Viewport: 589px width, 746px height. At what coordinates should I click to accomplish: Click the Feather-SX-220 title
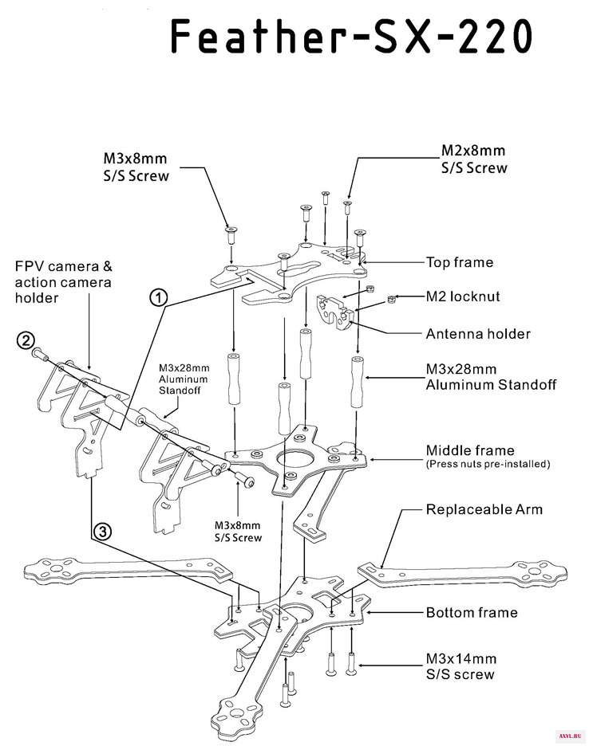[x=352, y=36]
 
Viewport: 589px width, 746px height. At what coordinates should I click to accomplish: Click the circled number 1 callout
[x=159, y=298]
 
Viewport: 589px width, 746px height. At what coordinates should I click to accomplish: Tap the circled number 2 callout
[x=26, y=340]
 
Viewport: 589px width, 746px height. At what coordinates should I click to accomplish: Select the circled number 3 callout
[x=102, y=531]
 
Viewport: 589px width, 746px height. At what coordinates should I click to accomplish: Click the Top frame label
[x=460, y=263]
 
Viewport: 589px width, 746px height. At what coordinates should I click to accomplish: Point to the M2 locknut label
[x=463, y=296]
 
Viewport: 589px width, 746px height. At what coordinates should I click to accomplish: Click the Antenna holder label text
[x=478, y=334]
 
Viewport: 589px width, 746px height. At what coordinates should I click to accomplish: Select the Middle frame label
[x=470, y=450]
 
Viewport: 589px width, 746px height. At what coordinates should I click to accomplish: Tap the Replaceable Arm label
[x=484, y=509]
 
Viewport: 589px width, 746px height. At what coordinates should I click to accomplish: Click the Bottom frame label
[x=472, y=612]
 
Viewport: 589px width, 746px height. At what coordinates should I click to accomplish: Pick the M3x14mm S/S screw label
[x=461, y=666]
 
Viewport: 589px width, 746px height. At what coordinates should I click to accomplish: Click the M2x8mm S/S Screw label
[x=474, y=159]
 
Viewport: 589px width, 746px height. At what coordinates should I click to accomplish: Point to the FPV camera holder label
[x=63, y=282]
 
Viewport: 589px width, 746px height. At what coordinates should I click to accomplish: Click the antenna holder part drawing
[x=336, y=312]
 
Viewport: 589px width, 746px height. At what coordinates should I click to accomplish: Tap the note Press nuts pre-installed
[x=488, y=464]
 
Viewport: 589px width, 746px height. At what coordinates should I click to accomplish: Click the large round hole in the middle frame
[x=295, y=459]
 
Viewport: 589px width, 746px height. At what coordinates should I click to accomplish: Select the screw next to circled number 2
[x=41, y=355]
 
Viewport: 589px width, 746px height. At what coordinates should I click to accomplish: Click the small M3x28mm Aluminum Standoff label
[x=184, y=379]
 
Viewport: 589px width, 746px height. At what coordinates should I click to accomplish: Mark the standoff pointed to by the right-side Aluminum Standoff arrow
[x=358, y=381]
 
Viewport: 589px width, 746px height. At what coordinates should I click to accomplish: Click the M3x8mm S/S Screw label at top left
[x=136, y=167]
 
